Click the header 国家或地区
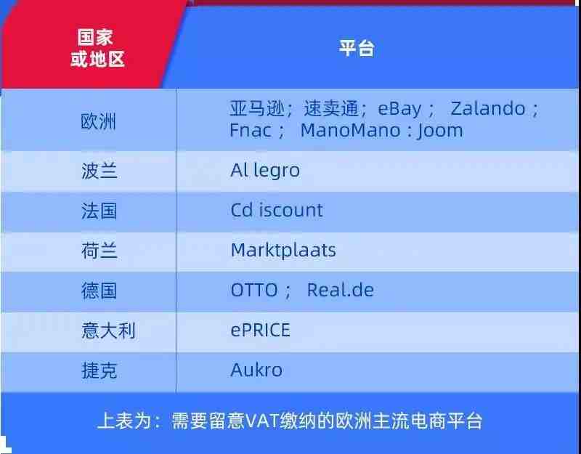coord(97,48)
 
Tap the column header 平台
coord(357,48)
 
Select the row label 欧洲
coord(99,121)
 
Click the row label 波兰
coord(99,171)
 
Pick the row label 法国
coord(99,211)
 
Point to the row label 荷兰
coord(99,251)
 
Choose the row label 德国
coord(99,291)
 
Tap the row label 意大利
coord(108,331)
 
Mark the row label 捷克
coord(99,370)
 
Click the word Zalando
coord(487,108)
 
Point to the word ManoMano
coord(350,131)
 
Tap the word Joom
coord(440,131)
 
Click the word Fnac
coord(251,131)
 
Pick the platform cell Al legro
coord(265,171)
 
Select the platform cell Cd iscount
coord(277,210)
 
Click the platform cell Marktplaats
coord(283,251)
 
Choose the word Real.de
coord(340,290)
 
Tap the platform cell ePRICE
coord(260,330)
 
